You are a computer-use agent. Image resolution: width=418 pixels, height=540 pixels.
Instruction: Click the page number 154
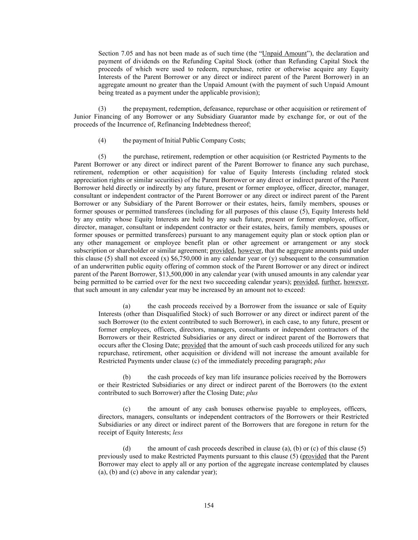click(209, 505)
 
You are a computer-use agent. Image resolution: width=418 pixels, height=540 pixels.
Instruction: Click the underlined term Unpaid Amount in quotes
click(284, 53)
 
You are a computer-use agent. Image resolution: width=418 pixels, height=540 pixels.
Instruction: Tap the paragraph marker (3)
click(102, 109)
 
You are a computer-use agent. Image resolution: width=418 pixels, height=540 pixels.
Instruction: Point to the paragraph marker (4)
click(102, 140)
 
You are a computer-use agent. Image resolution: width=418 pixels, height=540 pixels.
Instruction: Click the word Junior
click(82, 117)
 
